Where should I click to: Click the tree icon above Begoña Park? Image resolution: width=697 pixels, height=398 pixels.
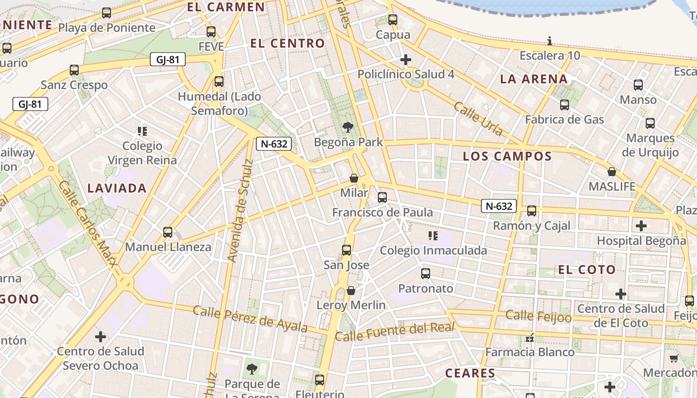click(x=348, y=127)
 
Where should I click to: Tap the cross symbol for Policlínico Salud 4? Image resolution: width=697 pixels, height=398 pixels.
click(x=406, y=60)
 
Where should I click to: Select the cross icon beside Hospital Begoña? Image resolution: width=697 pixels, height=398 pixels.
click(x=641, y=226)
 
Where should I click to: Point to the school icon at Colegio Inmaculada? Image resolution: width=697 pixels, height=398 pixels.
click(x=433, y=235)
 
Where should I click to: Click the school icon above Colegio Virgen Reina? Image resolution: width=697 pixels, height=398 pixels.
click(x=142, y=131)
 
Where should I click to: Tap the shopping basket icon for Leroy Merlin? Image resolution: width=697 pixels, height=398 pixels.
click(x=351, y=290)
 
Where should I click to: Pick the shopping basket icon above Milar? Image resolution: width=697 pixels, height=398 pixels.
click(x=354, y=178)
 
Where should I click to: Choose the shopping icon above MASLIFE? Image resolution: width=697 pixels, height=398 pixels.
click(x=612, y=172)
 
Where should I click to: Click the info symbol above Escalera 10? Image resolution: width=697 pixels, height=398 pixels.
click(x=550, y=41)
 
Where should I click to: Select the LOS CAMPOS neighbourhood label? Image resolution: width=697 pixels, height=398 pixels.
click(x=507, y=156)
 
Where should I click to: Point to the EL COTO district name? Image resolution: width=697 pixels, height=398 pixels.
click(x=586, y=270)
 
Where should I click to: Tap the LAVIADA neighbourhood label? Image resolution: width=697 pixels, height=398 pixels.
click(x=117, y=188)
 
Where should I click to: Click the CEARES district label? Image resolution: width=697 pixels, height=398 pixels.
click(x=470, y=373)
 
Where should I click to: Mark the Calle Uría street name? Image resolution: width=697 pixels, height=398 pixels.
click(x=478, y=118)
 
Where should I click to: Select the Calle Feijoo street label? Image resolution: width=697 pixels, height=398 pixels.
click(x=538, y=316)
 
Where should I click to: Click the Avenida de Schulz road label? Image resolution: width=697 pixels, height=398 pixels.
click(x=241, y=210)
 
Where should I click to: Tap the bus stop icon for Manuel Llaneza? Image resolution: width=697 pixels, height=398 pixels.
click(x=168, y=232)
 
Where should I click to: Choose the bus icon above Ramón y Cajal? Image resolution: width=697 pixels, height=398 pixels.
click(x=532, y=211)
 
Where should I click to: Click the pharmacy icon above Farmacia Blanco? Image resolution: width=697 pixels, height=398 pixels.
click(x=530, y=338)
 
